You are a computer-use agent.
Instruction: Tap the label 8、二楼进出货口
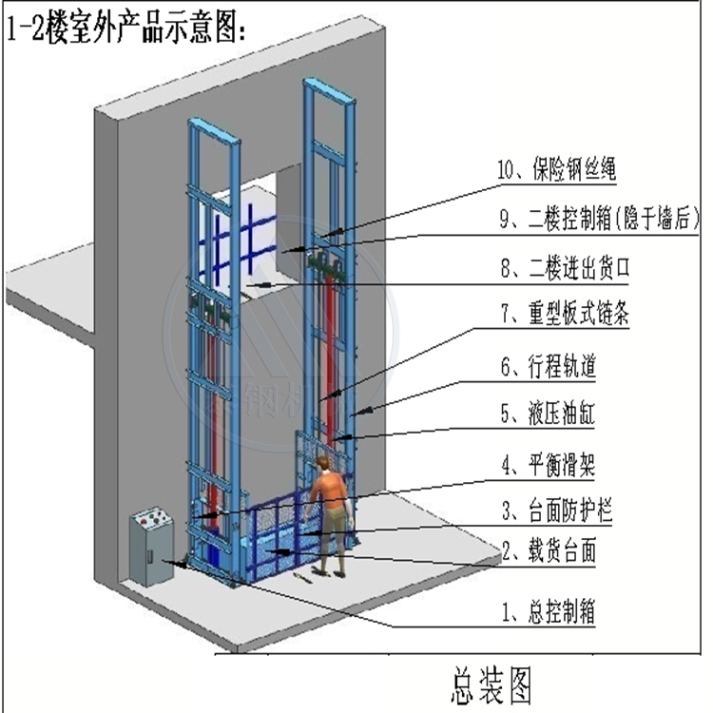pos(565,270)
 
